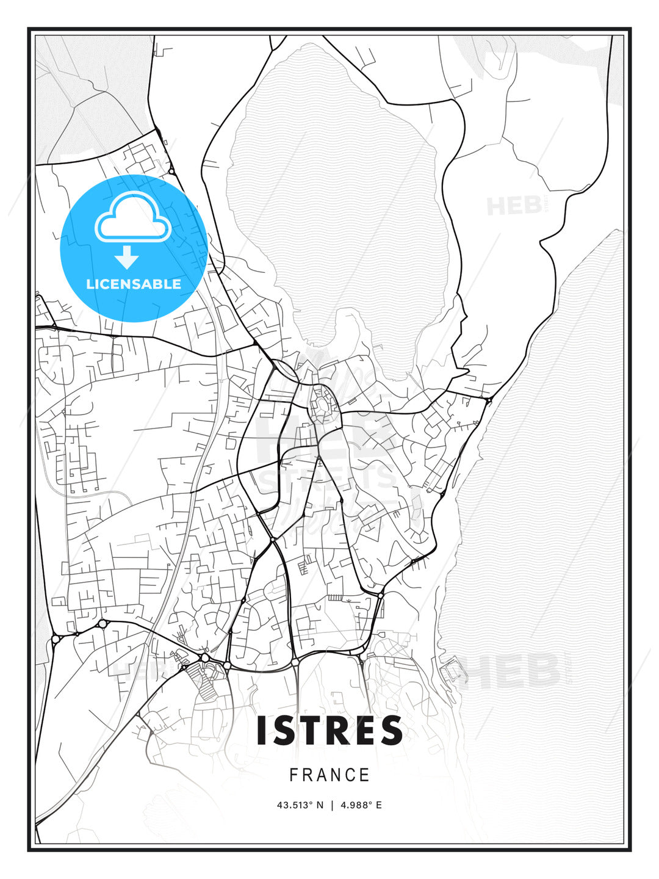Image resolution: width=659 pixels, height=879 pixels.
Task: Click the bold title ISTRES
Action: click(x=329, y=730)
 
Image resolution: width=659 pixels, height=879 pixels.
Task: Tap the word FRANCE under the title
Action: click(x=329, y=775)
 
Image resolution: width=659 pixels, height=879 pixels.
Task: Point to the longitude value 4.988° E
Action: click(x=361, y=805)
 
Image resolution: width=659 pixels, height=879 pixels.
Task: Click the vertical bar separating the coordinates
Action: click(x=332, y=805)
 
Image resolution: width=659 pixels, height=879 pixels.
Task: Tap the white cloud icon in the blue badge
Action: click(x=132, y=217)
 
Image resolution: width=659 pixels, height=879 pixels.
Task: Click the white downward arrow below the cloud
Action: click(x=127, y=258)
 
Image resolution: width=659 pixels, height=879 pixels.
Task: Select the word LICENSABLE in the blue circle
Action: click(x=134, y=284)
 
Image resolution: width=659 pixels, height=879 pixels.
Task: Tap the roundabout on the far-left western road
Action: click(x=56, y=639)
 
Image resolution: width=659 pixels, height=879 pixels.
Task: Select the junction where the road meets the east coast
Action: click(x=488, y=400)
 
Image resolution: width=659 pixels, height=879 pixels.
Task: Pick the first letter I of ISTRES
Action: click(x=261, y=730)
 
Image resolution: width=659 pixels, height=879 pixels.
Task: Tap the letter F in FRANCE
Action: click(x=293, y=775)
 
